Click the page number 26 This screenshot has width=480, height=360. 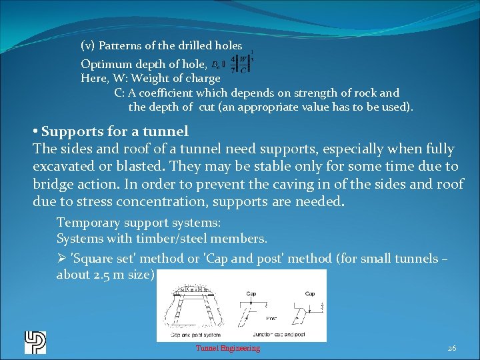451,348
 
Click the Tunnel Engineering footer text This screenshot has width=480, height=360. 227,348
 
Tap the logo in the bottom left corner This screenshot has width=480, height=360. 35,342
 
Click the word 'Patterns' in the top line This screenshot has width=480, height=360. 120,46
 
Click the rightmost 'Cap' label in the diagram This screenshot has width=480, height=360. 309,293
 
